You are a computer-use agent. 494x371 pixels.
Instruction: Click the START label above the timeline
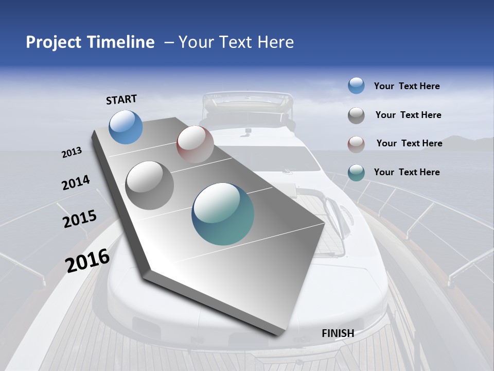[121, 99]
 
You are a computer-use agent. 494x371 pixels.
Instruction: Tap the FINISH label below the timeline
[338, 333]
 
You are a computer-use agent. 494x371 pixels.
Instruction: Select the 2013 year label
[72, 153]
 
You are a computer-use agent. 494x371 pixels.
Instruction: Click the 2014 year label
[76, 183]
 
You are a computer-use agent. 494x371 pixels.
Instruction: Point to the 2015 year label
[80, 219]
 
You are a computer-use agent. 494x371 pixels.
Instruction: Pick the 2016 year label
[87, 260]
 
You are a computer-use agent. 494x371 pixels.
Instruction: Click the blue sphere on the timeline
[126, 127]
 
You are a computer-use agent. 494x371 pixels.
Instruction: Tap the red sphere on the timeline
[195, 144]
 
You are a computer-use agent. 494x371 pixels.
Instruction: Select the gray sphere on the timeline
[150, 185]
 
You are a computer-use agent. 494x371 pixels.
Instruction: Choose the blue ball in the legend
[356, 86]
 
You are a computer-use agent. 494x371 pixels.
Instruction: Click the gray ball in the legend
[356, 115]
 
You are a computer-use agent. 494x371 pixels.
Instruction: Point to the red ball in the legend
[356, 144]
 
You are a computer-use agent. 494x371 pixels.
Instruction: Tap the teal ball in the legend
[356, 173]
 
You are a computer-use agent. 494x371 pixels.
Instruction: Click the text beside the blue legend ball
[407, 86]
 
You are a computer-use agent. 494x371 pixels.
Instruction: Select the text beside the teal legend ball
[407, 172]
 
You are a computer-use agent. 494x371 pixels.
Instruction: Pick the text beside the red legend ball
[409, 143]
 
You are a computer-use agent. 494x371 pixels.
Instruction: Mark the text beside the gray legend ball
[408, 115]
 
